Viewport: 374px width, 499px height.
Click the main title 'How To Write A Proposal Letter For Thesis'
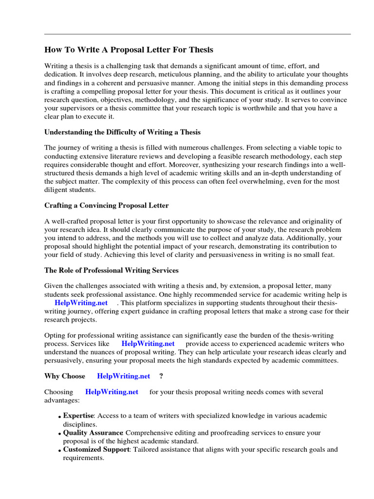(129, 50)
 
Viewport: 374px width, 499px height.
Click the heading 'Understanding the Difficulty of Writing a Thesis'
(122, 132)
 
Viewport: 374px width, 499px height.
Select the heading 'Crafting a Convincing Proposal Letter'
(106, 205)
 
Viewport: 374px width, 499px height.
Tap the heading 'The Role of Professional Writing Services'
(111, 270)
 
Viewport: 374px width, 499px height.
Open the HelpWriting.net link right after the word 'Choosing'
(112, 392)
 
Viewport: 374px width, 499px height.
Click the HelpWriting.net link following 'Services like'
(148, 343)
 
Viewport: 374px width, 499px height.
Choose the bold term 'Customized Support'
(95, 450)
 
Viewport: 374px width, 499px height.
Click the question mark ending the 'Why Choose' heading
(161, 376)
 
